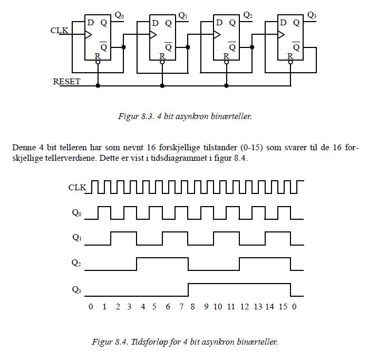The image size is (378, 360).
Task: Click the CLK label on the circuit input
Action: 59,31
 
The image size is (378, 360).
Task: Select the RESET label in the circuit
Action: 66,82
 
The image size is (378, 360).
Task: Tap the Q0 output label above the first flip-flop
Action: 120,15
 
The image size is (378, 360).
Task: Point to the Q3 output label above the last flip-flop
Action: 312,15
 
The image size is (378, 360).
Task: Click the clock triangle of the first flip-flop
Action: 88,34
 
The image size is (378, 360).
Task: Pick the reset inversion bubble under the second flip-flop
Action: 162,62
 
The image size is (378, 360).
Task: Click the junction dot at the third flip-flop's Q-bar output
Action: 252,47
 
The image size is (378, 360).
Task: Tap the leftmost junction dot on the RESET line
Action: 98,85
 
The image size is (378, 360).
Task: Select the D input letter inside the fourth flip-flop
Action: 283,23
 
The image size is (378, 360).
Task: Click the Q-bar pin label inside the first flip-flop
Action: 104,46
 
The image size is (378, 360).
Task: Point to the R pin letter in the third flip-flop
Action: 226,56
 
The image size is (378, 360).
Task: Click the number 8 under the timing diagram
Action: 192,307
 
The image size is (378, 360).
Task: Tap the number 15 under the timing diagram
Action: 283,307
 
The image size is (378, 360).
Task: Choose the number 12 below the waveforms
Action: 245,307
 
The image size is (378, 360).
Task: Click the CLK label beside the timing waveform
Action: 77,188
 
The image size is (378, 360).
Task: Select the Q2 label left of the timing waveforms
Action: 76,262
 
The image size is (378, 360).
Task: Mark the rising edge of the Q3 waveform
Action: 188,290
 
